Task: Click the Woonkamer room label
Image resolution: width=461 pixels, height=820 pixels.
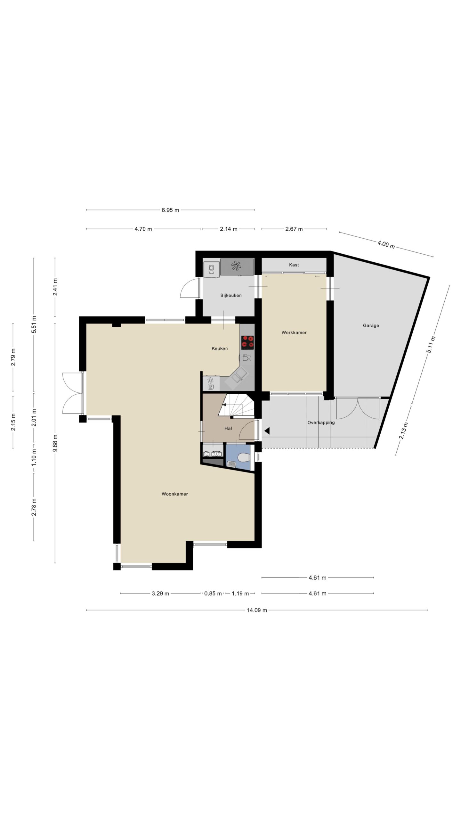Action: coord(174,494)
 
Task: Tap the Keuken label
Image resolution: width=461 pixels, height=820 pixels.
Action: coord(220,348)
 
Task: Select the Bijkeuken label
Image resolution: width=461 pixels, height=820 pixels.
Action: coord(231,295)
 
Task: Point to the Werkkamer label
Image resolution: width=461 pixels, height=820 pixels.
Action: coord(294,332)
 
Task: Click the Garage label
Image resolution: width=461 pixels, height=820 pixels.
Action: coord(371,325)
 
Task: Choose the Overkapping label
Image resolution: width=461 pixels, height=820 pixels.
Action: coord(321,422)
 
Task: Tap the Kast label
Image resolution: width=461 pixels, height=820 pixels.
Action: coord(294,265)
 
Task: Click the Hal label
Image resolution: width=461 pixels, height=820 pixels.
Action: coord(228,428)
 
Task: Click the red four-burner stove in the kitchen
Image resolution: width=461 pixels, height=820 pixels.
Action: coord(247,342)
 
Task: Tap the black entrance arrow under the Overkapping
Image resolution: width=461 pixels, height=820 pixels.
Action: coord(267,431)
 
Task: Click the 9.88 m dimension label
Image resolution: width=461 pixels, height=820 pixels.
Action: coord(55,443)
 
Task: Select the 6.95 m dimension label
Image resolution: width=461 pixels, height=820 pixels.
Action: coord(170,210)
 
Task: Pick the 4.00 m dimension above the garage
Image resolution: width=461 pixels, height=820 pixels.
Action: coord(386,244)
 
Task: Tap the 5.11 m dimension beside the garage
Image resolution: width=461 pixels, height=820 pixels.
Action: coord(431,344)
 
